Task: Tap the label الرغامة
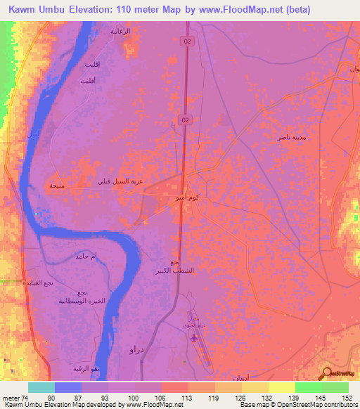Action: [121, 31]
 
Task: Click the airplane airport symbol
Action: [195, 337]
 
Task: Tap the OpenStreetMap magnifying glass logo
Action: [327, 373]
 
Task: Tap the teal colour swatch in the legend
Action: [41, 387]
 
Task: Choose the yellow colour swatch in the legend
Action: [281, 387]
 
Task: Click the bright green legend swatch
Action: [308, 387]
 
